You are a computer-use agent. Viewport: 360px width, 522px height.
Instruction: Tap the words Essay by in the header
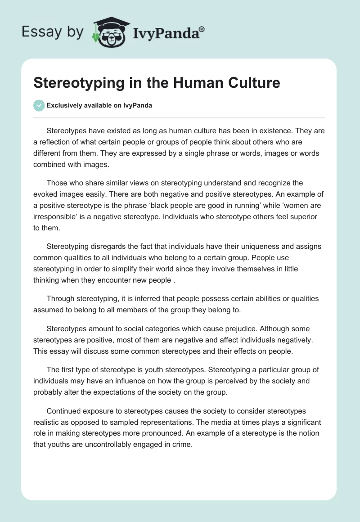coord(52,32)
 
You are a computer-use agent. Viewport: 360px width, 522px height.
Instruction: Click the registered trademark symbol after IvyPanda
coord(202,29)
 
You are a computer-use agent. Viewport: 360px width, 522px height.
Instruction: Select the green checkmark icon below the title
coord(39,105)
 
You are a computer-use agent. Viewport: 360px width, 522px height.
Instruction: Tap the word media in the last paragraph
coord(227,422)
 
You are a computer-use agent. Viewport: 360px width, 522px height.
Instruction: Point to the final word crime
coord(183,445)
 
